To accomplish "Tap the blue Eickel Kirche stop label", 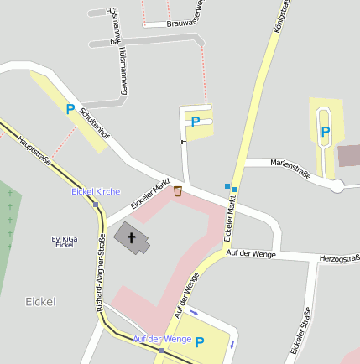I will point(96,192).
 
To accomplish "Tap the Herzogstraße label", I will point(339,259).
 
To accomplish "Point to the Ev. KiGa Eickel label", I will point(65,242).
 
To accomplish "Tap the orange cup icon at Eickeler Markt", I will point(178,192).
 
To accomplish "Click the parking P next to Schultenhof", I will point(70,108).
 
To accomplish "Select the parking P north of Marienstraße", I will point(325,132).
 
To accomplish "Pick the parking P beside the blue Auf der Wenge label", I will point(200,341).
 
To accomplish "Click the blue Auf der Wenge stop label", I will point(162,339).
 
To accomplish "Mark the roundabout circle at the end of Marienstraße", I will point(337,186).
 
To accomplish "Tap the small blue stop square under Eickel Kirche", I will point(96,204).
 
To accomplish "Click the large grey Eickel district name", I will point(40,300).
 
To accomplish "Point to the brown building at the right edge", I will point(348,156).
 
